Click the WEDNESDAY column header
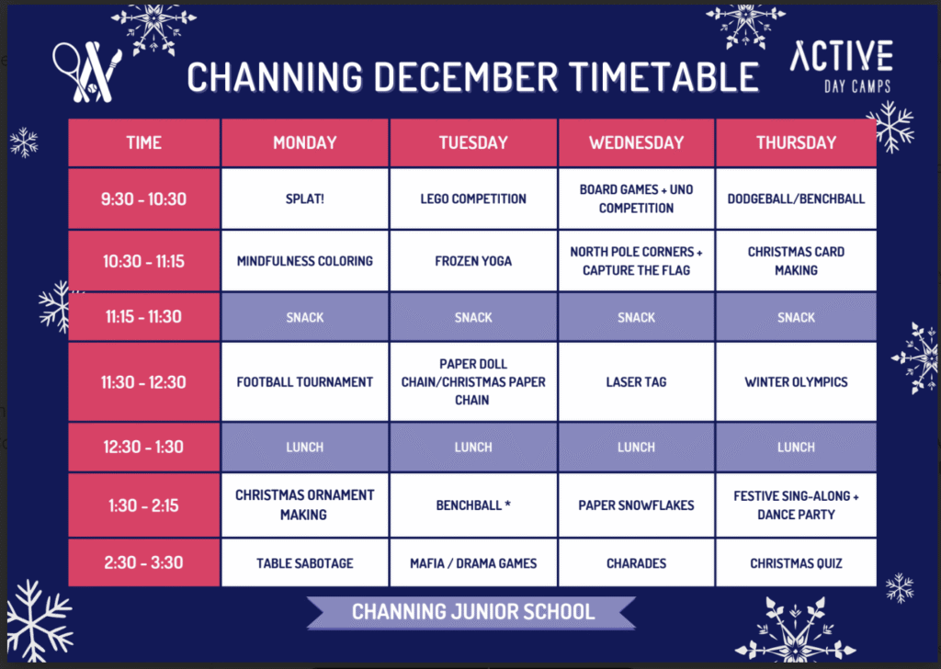[x=636, y=142]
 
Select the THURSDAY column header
[x=796, y=142]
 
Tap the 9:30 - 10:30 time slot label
[x=143, y=198]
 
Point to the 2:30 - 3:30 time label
[x=143, y=562]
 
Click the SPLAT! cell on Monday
[x=305, y=198]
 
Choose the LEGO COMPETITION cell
[x=473, y=198]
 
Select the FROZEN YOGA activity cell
[x=473, y=261]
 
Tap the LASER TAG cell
[x=636, y=381]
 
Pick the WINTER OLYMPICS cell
[x=796, y=381]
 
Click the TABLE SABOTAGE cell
[x=305, y=562]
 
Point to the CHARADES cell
[x=636, y=562]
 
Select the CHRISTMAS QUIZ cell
[x=796, y=562]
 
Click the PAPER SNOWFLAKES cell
[x=636, y=505]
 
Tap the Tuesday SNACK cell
[x=473, y=317]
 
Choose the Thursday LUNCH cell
[x=796, y=447]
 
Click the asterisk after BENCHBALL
[x=507, y=504]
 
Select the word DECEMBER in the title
[x=466, y=77]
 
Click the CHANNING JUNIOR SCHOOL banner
[x=472, y=612]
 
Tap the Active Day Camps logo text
[x=842, y=66]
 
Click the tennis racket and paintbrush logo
[x=87, y=72]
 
